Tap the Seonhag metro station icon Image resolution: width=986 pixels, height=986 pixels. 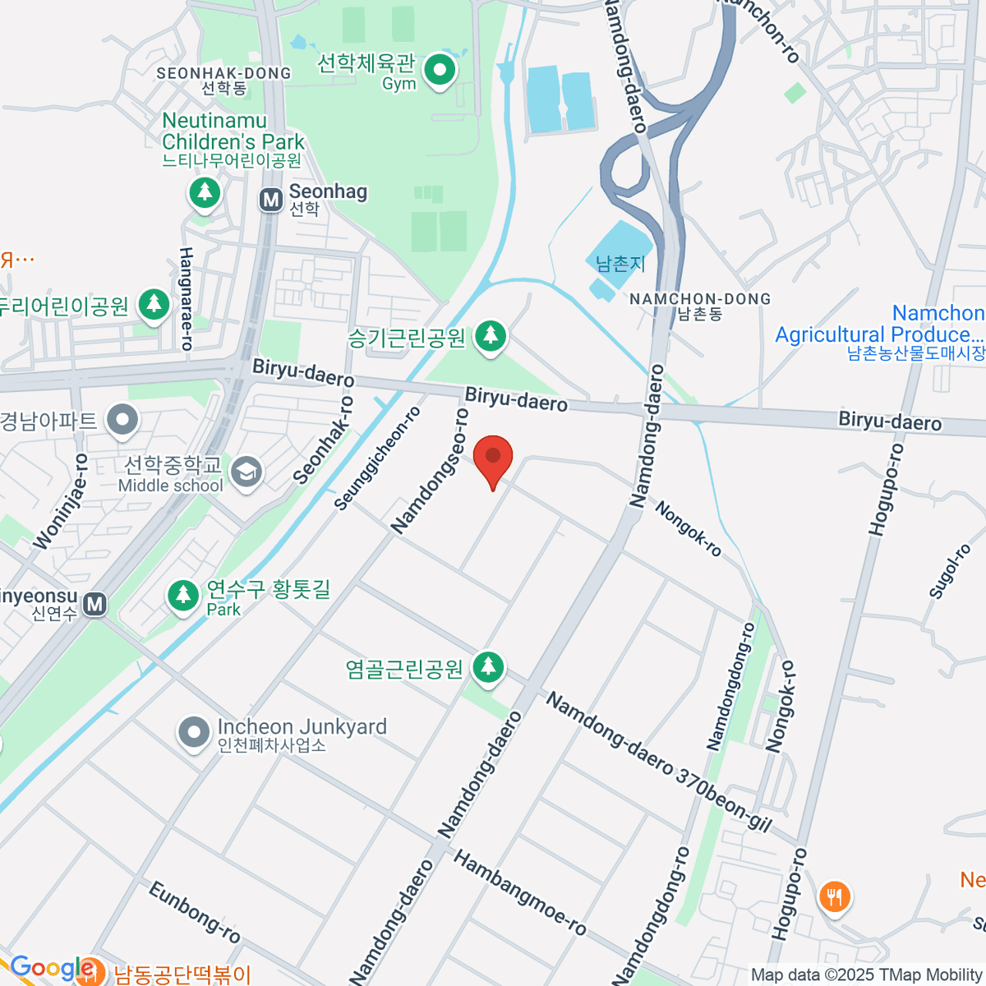point(270,200)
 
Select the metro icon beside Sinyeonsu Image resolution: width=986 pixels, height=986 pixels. point(95,605)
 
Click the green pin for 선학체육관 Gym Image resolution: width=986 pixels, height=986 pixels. point(440,71)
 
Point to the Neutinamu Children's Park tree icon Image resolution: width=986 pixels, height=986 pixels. point(205,194)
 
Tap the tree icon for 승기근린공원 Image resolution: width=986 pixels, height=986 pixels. point(491,336)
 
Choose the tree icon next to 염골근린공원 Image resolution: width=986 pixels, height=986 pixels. point(488,668)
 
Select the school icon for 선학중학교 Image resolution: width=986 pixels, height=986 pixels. point(246,472)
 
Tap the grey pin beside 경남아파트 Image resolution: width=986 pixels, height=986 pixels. point(124,421)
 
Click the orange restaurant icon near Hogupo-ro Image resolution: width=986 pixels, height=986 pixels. point(835,896)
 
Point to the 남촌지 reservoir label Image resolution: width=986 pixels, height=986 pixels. point(620,264)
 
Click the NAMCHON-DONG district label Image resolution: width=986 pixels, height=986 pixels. point(700,300)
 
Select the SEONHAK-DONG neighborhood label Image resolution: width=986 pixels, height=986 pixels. point(223,73)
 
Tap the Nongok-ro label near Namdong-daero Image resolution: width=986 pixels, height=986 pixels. point(689,529)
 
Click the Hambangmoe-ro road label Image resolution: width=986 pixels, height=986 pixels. point(520,893)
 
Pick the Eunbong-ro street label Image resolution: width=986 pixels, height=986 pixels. point(195,912)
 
